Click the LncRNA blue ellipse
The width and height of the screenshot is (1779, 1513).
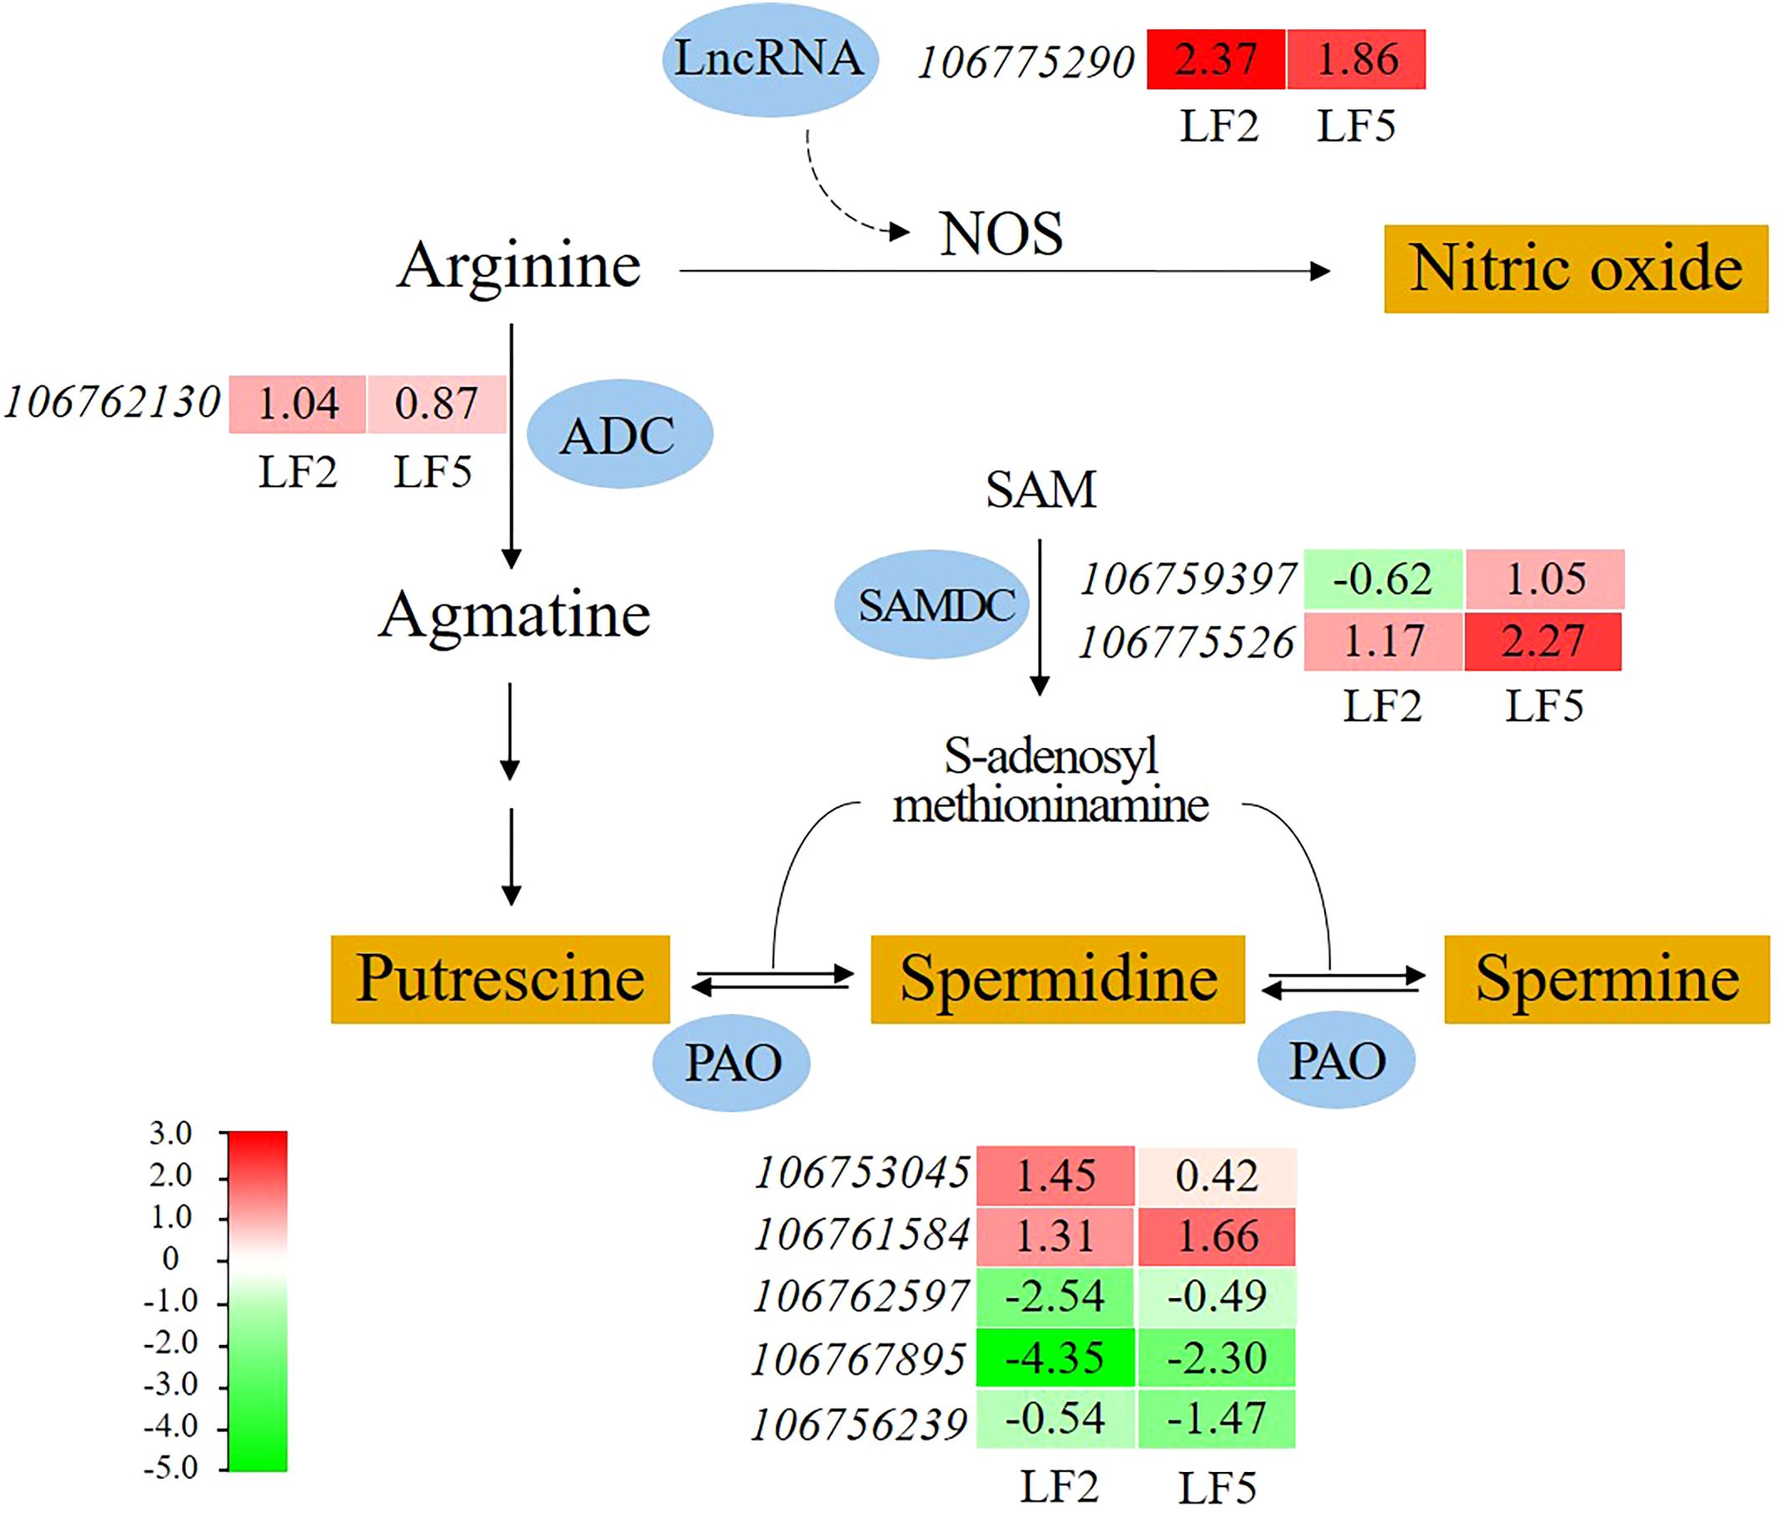769,59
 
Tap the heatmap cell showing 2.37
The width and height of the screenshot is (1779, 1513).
1216,59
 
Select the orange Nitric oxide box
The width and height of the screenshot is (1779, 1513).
1575,268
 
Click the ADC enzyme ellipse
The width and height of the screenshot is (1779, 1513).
619,434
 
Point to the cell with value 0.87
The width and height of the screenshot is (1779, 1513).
436,403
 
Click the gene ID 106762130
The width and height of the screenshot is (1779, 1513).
112,402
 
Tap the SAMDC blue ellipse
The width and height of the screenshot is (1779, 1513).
932,604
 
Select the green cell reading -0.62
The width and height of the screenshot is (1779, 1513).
1382,579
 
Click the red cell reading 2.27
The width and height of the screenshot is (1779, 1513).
1542,640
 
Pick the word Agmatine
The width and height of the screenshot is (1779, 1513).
514,615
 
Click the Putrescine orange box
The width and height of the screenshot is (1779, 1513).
500,979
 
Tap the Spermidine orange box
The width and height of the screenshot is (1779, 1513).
1058,979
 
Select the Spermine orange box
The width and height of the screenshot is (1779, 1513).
1607,979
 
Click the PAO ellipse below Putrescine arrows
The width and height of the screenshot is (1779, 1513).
731,1062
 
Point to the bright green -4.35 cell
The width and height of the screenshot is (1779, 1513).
1054,1358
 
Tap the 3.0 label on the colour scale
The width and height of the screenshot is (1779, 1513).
171,1133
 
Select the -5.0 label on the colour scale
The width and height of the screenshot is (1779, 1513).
171,1468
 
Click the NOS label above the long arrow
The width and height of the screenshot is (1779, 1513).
1001,234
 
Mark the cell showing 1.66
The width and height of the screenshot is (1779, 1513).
1217,1236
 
